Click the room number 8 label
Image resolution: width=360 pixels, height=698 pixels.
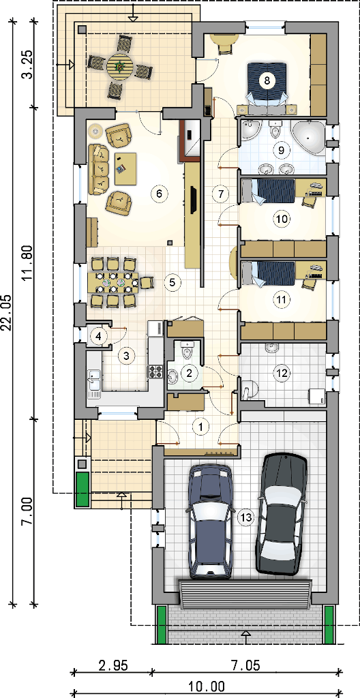coord(267,80)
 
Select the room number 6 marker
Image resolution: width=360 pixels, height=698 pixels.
coord(159,194)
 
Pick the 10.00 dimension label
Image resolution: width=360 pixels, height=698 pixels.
coord(207,686)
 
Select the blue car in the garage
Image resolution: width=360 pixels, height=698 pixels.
coord(211,521)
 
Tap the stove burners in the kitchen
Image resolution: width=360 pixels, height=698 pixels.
coord(155,371)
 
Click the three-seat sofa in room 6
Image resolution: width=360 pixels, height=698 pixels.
coord(99,169)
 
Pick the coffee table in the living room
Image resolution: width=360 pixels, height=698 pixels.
coord(125,169)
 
